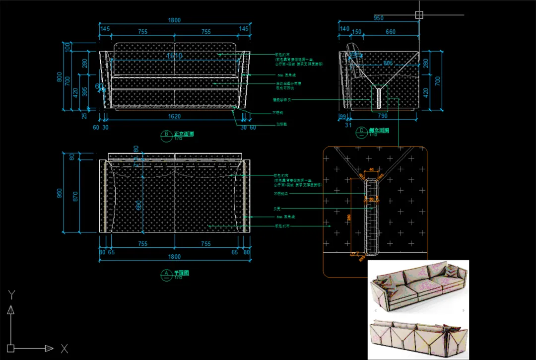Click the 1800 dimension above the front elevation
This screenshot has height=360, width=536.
[x=174, y=20]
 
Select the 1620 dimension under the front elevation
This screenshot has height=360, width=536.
[x=174, y=117]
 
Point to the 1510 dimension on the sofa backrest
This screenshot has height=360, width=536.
[x=175, y=56]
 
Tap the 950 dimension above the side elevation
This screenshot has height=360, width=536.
[x=378, y=18]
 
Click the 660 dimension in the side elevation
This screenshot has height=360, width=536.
[x=391, y=32]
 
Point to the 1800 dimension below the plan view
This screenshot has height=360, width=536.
[x=174, y=257]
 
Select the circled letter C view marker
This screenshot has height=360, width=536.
[x=361, y=132]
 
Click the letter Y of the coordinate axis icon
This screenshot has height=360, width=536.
[x=12, y=294]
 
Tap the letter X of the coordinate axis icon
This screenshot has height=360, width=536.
[x=64, y=348]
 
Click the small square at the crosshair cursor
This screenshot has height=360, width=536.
[x=419, y=15]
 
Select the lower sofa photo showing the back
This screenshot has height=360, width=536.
[x=418, y=338]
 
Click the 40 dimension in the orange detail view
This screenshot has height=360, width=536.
[x=372, y=169]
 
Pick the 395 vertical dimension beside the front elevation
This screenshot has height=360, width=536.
[x=84, y=91]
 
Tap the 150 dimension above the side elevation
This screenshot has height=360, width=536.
[x=356, y=32]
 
